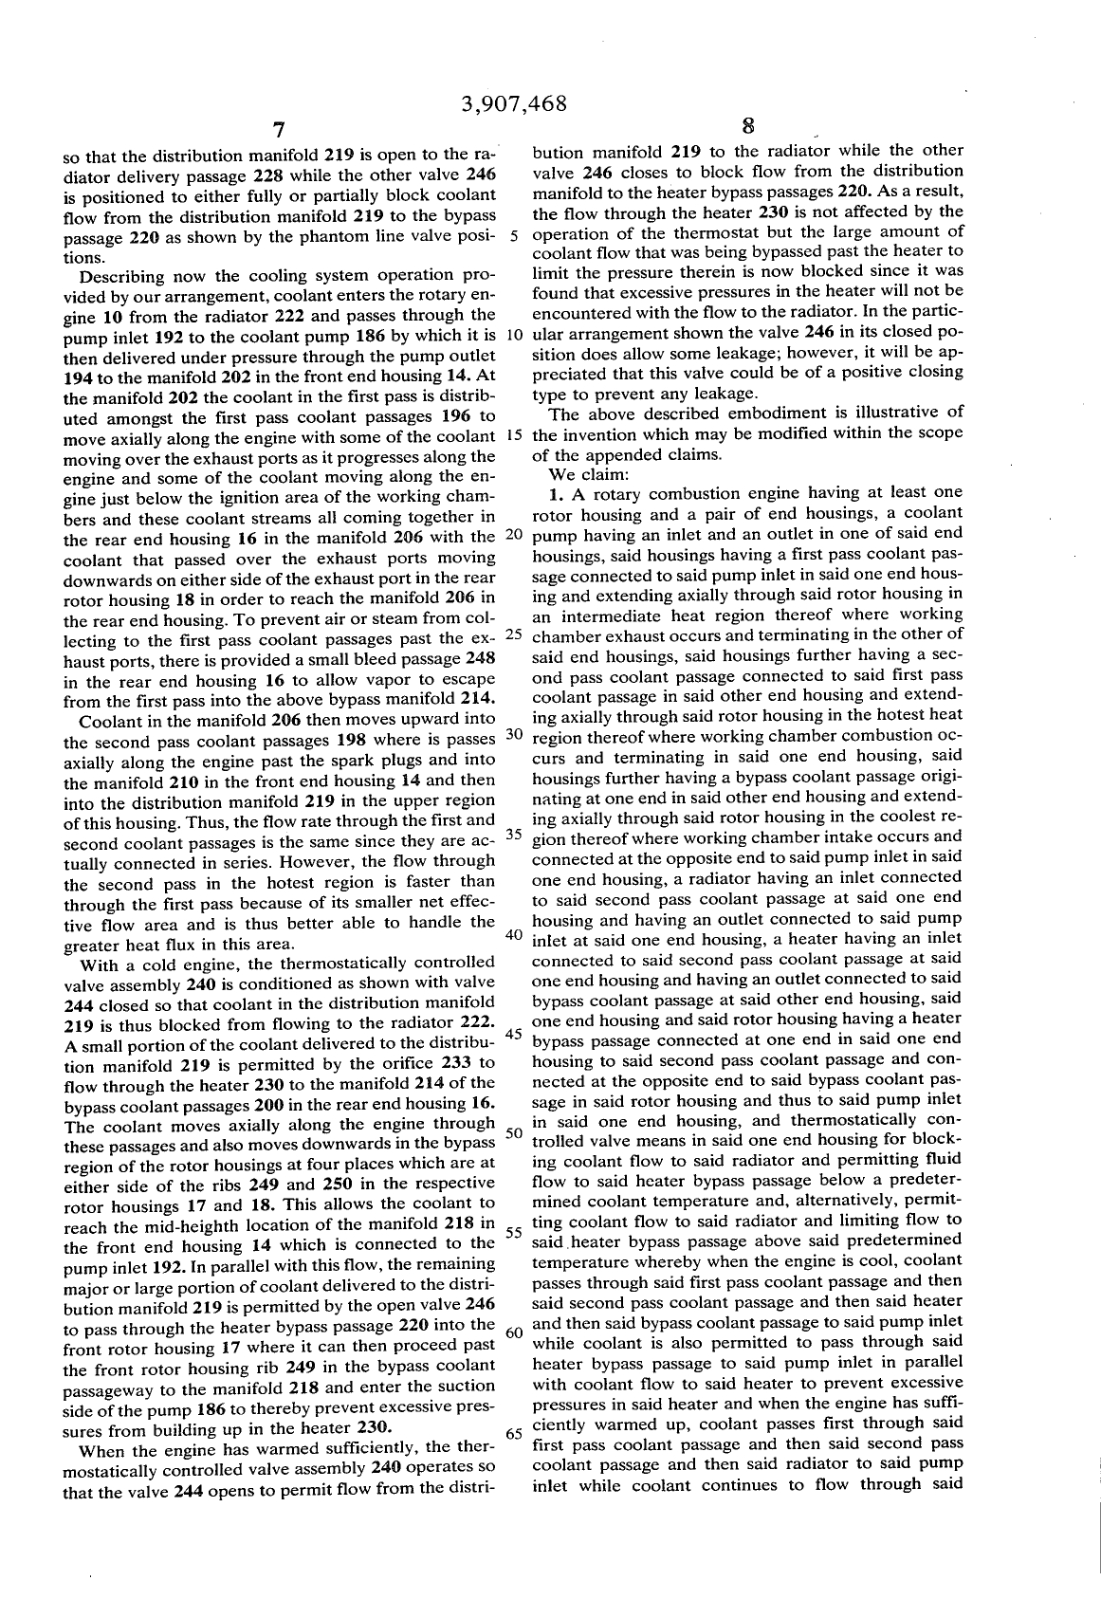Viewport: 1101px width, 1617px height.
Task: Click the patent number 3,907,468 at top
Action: [513, 103]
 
